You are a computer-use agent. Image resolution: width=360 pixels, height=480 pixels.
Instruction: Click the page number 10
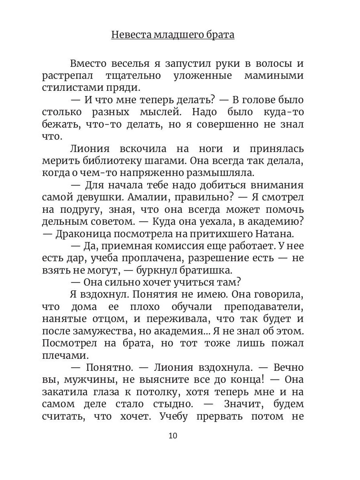tap(173, 436)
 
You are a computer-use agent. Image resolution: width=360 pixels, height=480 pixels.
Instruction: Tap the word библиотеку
tap(107, 161)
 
